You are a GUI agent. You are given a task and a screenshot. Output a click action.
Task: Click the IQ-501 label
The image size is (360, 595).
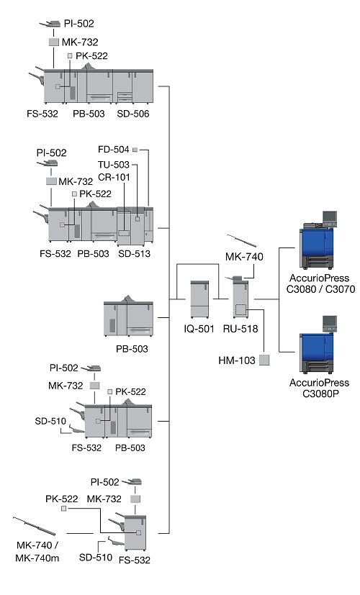[199, 329]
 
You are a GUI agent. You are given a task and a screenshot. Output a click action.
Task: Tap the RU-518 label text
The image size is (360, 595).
[240, 329]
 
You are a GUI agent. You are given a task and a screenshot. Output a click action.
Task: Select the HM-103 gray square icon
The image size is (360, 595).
[264, 360]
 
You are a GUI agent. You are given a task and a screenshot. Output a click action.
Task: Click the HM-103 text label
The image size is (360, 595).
[237, 360]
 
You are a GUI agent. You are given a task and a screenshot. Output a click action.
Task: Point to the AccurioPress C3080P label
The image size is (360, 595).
[320, 388]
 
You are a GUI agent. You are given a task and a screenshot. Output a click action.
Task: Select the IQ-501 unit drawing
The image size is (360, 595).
[199, 299]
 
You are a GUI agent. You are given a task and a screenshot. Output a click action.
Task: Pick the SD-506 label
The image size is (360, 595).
[133, 114]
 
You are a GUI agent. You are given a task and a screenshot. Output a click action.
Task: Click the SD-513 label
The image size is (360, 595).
[134, 253]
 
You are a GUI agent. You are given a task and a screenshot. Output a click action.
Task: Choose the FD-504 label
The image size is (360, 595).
[114, 150]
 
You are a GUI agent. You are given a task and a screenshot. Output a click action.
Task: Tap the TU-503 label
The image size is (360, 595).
[114, 165]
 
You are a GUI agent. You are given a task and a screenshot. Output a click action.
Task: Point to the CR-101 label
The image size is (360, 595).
[114, 177]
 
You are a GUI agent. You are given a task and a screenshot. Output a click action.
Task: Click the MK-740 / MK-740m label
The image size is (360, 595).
[37, 551]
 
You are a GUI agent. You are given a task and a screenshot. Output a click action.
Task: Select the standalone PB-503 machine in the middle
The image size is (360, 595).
[129, 316]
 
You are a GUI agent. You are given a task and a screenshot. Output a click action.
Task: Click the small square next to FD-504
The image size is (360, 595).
[135, 150]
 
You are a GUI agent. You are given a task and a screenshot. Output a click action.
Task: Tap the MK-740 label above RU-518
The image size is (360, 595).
[244, 257]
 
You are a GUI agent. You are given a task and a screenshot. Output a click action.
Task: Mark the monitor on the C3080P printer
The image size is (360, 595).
[329, 323]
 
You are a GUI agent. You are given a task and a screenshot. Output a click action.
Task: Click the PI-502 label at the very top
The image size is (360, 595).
[78, 24]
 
